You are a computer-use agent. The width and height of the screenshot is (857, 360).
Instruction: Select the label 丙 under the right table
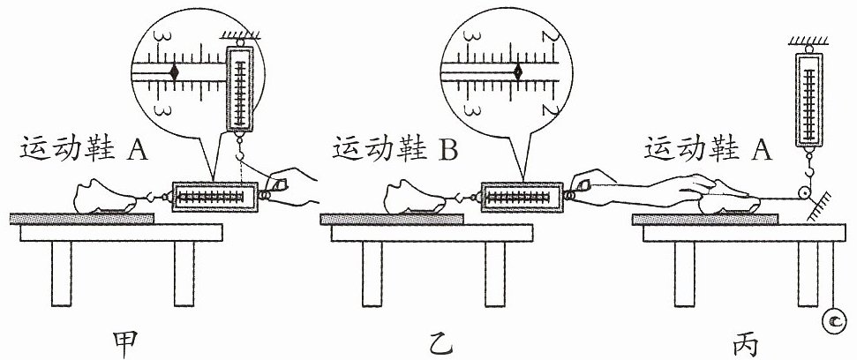746,342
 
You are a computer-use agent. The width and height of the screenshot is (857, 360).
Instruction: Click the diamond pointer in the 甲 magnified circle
175,71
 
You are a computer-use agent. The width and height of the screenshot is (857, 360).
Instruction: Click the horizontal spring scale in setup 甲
214,197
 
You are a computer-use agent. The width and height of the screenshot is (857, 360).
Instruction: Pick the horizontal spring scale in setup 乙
523,197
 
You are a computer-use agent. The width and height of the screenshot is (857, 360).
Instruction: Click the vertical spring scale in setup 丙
808,97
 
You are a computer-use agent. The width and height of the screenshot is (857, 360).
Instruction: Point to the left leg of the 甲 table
61,274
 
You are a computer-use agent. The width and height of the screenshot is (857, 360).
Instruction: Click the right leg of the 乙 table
495,274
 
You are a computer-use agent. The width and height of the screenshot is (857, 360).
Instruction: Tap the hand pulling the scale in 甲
293,187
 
